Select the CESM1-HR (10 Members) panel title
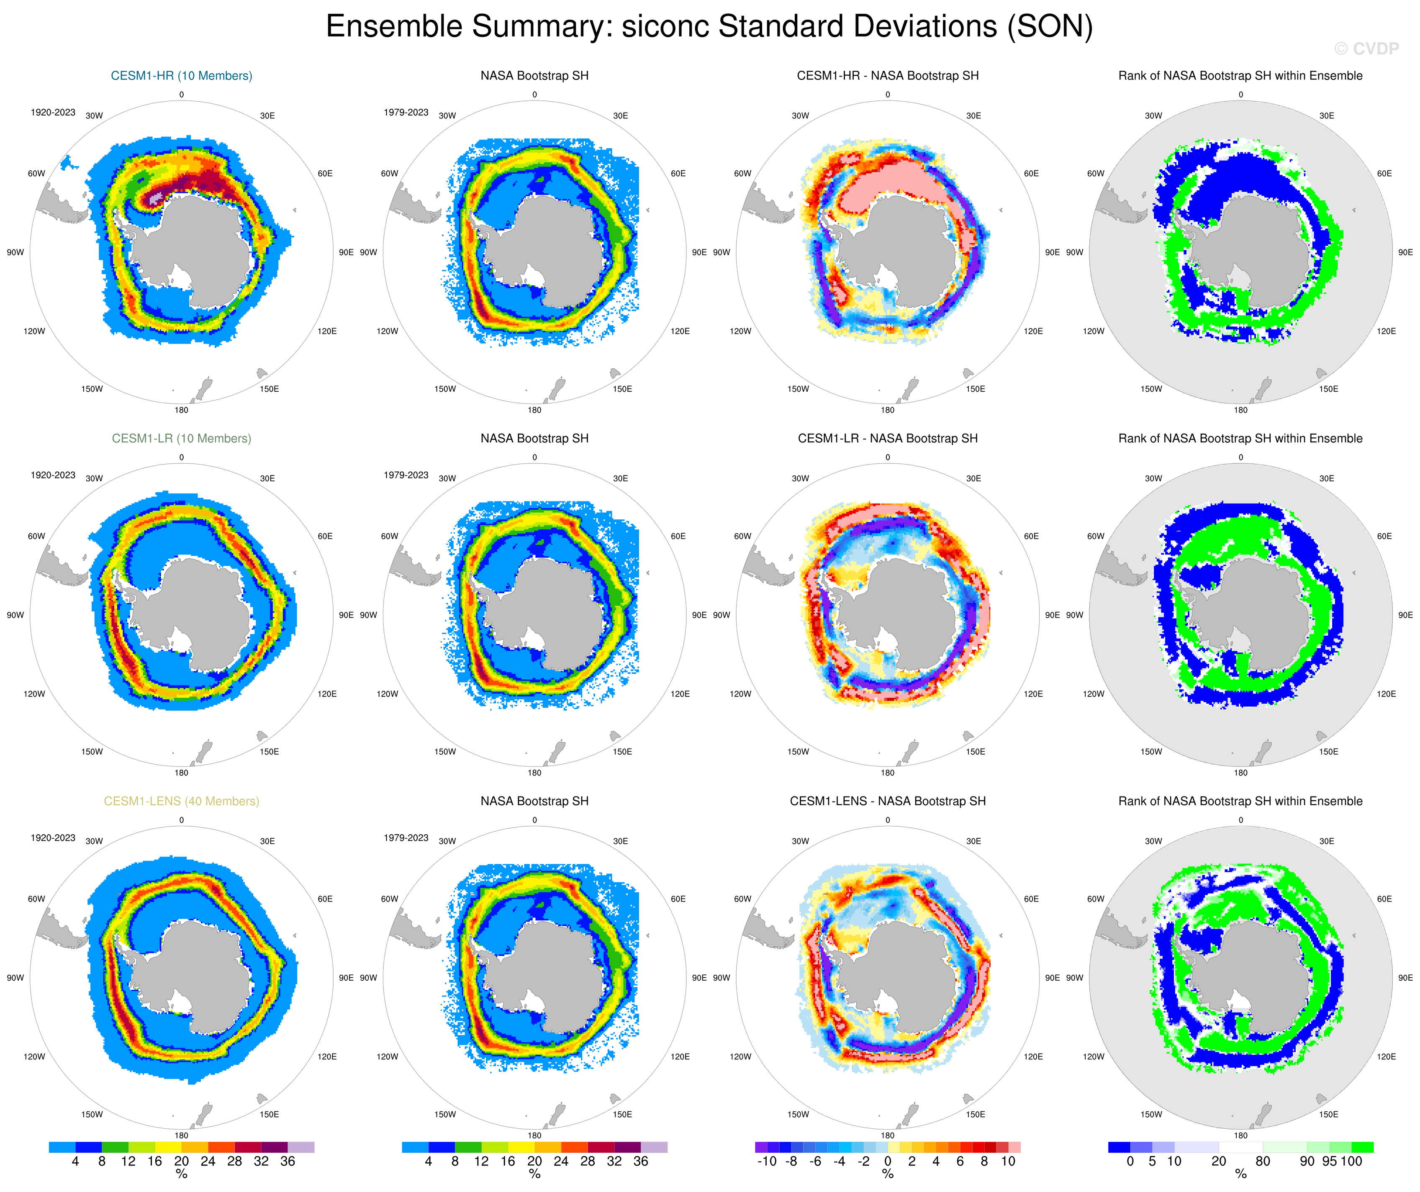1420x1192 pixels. click(x=181, y=76)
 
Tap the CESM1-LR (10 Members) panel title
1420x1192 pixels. click(x=181, y=438)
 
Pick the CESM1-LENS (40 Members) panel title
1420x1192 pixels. click(x=181, y=801)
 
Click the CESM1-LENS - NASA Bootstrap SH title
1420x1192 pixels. click(x=887, y=801)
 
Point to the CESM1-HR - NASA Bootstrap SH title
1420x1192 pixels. click(x=887, y=76)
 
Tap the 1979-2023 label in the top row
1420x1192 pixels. click(x=406, y=112)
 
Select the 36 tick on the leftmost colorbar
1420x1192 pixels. click(x=288, y=1161)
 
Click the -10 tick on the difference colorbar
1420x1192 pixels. click(x=766, y=1161)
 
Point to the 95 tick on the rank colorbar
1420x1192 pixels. click(x=1329, y=1161)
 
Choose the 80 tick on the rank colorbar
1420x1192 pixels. click(x=1263, y=1161)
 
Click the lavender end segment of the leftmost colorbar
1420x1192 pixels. click(x=301, y=1147)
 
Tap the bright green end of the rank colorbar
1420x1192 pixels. click(x=1362, y=1147)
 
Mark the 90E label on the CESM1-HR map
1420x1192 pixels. click(x=346, y=252)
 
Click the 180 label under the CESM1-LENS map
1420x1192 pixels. click(x=181, y=1136)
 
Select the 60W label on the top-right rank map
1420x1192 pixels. click(x=1095, y=174)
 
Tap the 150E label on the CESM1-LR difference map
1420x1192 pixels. click(x=975, y=752)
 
